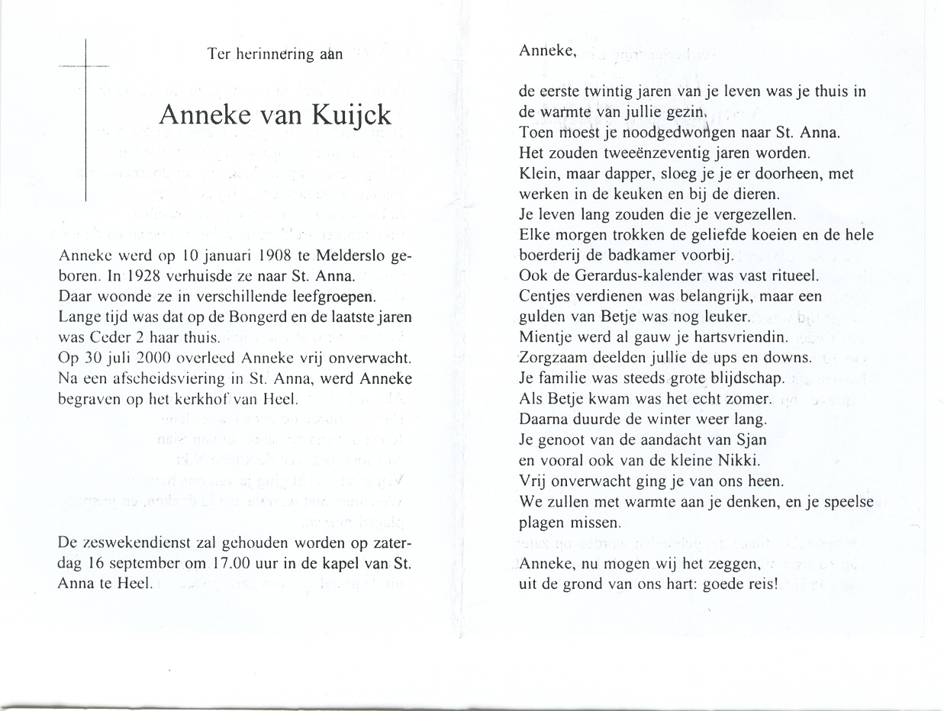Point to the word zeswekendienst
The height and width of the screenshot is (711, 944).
pos(130,543)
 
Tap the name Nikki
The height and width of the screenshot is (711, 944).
pos(719,461)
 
